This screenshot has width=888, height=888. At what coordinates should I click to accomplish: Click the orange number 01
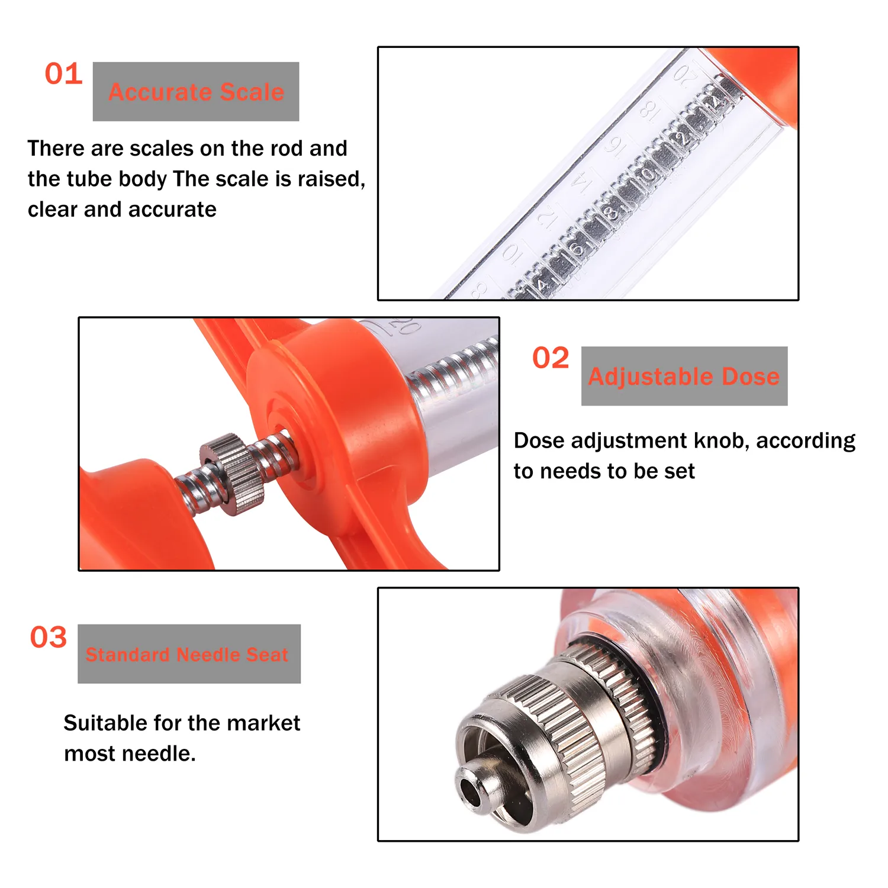[63, 74]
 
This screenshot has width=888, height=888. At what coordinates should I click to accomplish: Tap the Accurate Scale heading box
[196, 92]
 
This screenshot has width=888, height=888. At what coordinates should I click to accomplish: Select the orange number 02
[551, 358]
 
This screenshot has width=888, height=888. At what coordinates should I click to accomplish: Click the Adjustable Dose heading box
[684, 376]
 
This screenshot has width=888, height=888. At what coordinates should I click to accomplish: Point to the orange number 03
[49, 638]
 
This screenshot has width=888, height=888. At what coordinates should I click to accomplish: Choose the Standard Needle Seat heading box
[189, 654]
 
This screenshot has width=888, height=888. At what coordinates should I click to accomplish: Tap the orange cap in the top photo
[764, 83]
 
